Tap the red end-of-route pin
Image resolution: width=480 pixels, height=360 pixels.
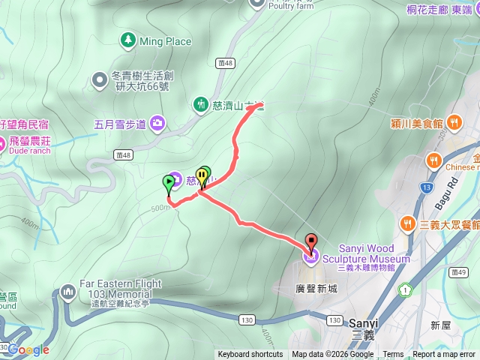pyautogui.click(x=310, y=242)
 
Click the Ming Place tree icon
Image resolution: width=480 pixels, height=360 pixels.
pyautogui.click(x=127, y=40)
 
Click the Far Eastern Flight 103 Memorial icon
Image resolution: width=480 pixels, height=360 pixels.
pyautogui.click(x=69, y=288)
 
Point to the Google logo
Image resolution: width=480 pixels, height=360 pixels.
pyautogui.click(x=28, y=349)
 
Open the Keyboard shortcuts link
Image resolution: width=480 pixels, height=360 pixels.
pyautogui.click(x=250, y=355)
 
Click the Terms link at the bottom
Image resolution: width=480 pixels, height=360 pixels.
pyautogui.click(x=393, y=355)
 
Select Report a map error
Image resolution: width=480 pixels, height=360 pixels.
pyautogui.click(x=445, y=355)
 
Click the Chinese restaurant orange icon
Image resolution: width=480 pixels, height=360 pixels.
pyautogui.click(x=433, y=160)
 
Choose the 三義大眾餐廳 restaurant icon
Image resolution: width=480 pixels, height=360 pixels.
pyautogui.click(x=407, y=223)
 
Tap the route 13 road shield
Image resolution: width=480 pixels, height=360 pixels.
pyautogui.click(x=427, y=187)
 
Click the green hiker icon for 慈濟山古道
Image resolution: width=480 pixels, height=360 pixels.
pyautogui.click(x=201, y=103)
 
